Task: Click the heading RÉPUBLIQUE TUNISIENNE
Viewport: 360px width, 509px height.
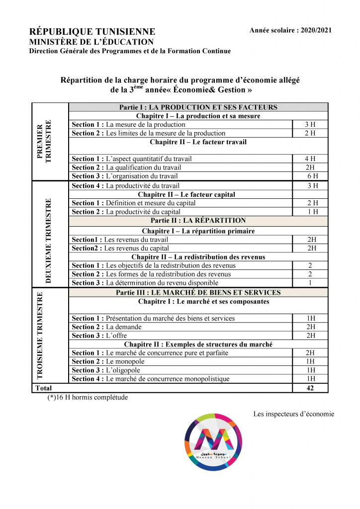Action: pos(92,32)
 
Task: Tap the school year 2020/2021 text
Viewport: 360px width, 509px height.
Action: pos(291,31)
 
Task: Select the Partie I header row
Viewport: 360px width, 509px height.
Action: pos(198,107)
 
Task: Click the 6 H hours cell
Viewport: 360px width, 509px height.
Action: pos(312,176)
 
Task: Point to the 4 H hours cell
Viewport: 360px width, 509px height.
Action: pos(310,159)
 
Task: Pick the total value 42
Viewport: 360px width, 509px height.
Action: pos(310,388)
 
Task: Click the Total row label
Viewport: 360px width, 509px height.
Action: pos(43,388)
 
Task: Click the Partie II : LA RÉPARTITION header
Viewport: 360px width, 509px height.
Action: pos(198,220)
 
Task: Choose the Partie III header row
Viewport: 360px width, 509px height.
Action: pos(198,292)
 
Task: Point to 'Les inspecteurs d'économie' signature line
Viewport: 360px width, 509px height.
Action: pos(293,414)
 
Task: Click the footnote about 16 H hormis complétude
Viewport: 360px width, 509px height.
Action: pos(87,398)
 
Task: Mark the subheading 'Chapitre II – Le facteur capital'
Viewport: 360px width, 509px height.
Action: pos(186,194)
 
